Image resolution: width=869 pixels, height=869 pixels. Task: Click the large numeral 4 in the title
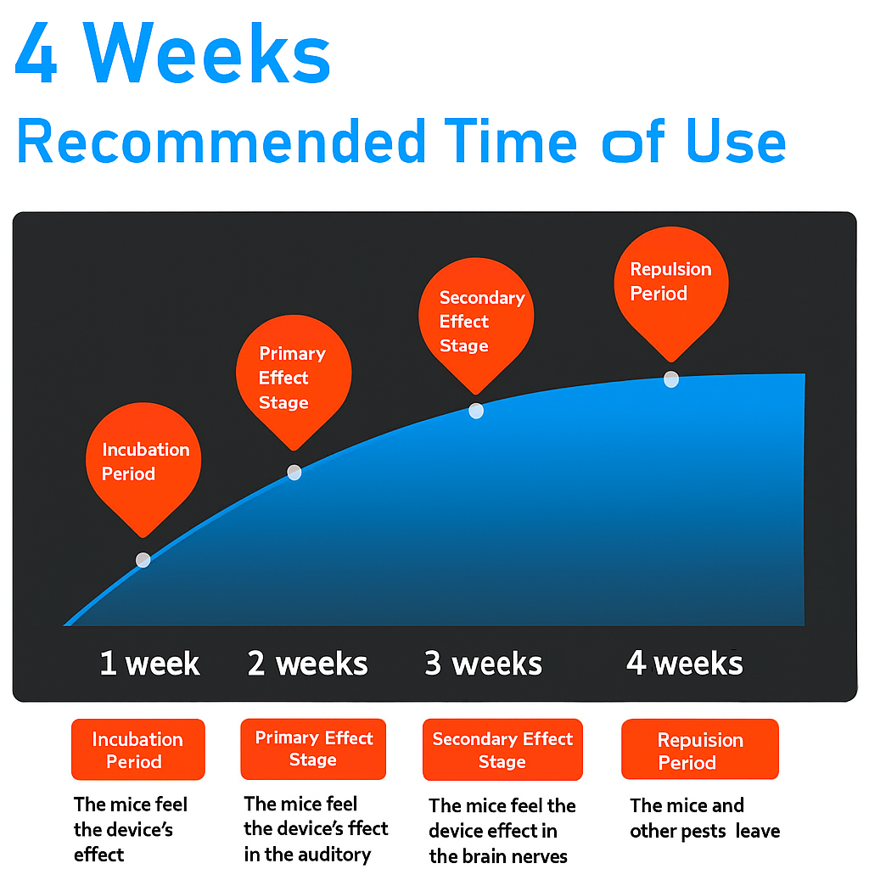[36, 53]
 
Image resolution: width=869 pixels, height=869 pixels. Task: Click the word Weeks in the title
[208, 53]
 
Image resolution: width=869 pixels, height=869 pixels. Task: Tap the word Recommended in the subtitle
[221, 142]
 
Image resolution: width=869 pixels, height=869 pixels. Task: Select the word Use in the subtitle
[736, 142]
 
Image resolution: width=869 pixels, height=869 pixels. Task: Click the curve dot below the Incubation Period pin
[143, 560]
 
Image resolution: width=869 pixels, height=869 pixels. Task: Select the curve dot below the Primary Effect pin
[294, 472]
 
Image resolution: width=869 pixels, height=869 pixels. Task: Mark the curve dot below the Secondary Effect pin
[476, 411]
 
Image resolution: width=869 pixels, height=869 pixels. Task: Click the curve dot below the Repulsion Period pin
[671, 379]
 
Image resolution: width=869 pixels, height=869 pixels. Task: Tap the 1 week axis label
[149, 664]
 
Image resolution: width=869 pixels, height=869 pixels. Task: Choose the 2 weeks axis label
[307, 664]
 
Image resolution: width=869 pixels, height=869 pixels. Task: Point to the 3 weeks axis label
[483, 664]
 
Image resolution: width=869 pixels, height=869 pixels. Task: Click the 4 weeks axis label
[685, 664]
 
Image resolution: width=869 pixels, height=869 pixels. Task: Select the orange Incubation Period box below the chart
[138, 749]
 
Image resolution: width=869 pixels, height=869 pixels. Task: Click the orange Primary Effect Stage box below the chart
[313, 748]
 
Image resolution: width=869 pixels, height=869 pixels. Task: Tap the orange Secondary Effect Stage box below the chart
[502, 749]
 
